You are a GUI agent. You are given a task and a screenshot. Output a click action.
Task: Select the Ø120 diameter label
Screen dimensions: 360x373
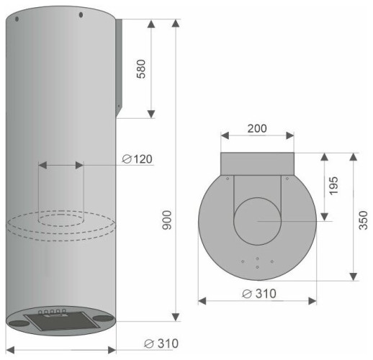coord(137,158)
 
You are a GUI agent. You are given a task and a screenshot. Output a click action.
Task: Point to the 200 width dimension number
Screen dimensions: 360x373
coord(256,129)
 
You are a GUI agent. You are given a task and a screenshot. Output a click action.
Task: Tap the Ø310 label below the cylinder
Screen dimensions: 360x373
coord(161,343)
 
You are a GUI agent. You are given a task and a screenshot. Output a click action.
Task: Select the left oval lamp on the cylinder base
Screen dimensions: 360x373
coord(20,323)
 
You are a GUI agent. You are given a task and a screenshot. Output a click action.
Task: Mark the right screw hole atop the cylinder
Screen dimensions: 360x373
coord(80,14)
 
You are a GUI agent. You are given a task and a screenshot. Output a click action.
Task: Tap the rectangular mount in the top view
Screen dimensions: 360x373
coord(256,164)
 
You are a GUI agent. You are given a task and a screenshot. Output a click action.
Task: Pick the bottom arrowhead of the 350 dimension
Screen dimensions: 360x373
coord(354,277)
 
